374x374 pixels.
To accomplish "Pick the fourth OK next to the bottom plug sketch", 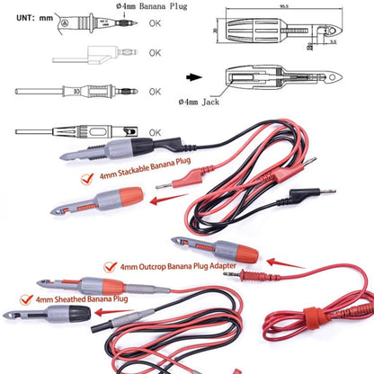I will pyautogui.click(x=156, y=131).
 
